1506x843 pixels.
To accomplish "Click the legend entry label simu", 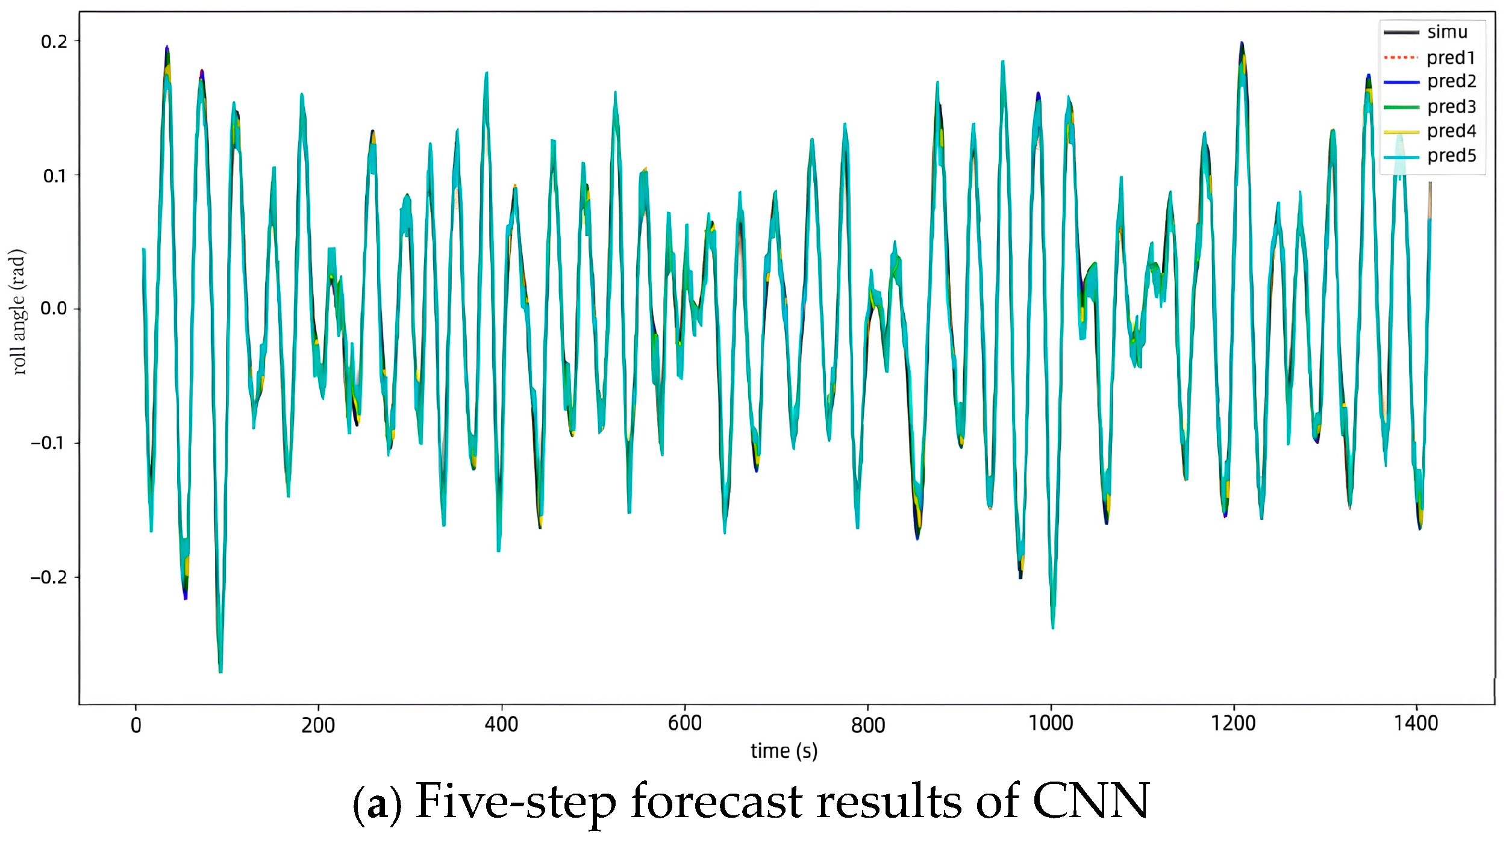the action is pos(1447,32).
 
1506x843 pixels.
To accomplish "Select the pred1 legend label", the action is pos(1451,57).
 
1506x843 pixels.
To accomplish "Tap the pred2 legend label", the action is pos(1452,81).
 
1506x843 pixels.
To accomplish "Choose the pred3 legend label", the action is pos(1452,107).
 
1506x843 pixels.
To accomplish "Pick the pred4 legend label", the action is pos(1452,131).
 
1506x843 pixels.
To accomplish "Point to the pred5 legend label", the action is pos(1452,155).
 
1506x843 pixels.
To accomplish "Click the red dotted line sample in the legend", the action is pos(1401,58).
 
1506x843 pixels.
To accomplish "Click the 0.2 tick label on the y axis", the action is pos(54,42).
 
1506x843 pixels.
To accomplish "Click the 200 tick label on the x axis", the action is pos(318,724).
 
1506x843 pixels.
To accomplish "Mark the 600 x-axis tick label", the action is pos(685,723).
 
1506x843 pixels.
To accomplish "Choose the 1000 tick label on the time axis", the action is pos(1051,723).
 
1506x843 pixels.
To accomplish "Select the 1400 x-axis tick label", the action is pos(1416,723).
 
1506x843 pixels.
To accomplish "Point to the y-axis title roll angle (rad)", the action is pos(18,312).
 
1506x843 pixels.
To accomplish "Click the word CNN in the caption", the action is pos(1091,801).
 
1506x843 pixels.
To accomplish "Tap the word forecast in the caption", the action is pos(717,801).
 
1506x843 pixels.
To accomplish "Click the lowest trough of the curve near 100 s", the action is pos(220,672).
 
